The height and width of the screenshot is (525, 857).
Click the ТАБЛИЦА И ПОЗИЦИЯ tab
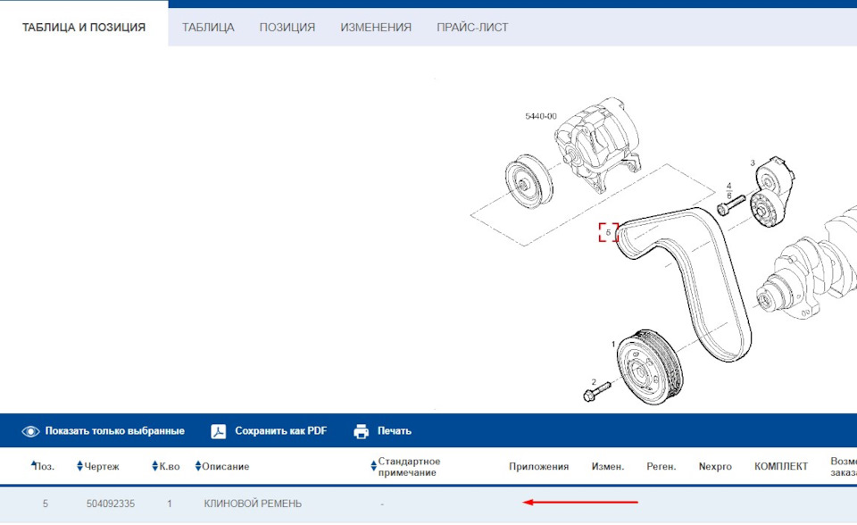pos(84,27)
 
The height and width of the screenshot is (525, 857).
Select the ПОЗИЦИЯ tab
pos(287,27)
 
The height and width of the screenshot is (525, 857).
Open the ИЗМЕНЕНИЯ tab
pos(376,27)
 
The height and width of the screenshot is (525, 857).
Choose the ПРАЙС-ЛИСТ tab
pos(472,27)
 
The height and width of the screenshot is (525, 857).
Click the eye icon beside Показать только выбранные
pos(31,431)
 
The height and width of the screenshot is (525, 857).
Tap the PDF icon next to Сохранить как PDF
pos(219,431)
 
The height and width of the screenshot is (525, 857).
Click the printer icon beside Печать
pos(362,431)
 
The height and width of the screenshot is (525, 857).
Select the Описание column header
pos(225,466)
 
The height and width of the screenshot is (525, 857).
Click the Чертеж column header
pos(101,466)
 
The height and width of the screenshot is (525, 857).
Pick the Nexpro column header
pos(715,466)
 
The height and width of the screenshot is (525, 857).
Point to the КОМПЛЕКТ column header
pos(780,466)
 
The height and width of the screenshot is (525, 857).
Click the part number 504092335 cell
pos(111,504)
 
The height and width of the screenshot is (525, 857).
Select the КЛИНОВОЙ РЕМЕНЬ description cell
pos(253,504)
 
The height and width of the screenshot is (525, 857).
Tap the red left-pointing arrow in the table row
pos(579,503)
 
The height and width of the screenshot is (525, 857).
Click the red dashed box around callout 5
pos(608,232)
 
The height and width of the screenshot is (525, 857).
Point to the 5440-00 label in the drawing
pos(540,116)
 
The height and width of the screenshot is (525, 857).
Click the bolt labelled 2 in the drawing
pos(595,390)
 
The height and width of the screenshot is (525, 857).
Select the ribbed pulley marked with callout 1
pos(648,368)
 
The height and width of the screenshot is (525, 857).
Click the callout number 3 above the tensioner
pos(752,162)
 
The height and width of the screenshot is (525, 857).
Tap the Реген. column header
pos(661,466)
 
